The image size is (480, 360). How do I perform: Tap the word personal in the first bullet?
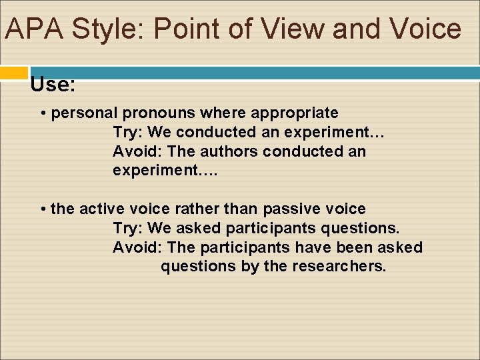tap(84, 113)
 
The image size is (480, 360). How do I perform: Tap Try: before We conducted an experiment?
tap(128, 132)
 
